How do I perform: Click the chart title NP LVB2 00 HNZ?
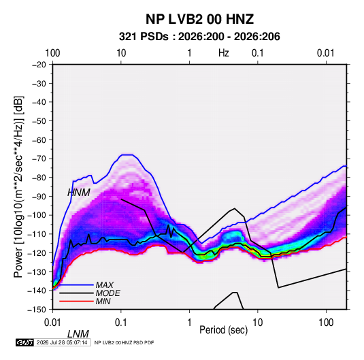click(199, 19)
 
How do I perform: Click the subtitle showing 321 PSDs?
click(199, 37)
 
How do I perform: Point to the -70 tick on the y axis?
click(39, 159)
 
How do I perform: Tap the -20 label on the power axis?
click(39, 65)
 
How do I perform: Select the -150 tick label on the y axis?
click(37, 310)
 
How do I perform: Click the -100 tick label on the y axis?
click(37, 215)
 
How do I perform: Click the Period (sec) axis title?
click(224, 330)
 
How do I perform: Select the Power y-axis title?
click(18, 186)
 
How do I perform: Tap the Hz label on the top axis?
click(224, 53)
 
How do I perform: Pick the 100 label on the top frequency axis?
click(52, 53)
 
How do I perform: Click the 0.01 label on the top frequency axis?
click(326, 53)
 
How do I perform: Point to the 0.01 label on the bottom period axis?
click(52, 323)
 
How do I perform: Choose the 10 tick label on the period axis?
click(257, 323)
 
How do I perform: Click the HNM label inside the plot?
click(79, 193)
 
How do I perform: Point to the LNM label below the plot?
click(78, 334)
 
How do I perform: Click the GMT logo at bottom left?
click(24, 342)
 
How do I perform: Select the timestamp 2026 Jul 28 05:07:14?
click(62, 342)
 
